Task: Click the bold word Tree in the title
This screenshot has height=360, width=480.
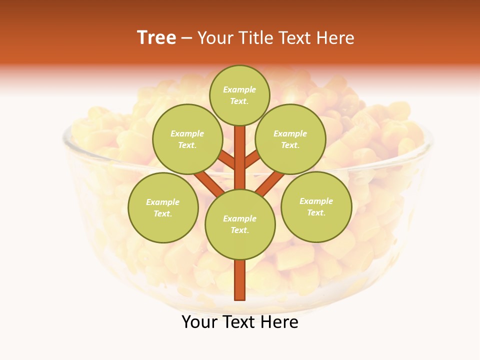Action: [156, 38]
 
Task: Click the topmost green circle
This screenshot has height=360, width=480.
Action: [239, 95]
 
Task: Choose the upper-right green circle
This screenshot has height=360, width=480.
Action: [290, 139]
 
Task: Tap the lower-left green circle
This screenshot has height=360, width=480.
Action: [163, 207]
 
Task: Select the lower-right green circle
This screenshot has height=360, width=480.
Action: [316, 206]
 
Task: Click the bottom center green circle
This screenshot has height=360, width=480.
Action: [240, 224]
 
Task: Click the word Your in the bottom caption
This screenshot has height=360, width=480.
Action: [199, 322]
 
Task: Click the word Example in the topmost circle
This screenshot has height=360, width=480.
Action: [239, 89]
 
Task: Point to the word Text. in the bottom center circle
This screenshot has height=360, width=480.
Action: [240, 230]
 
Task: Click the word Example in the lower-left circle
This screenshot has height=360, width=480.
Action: [162, 202]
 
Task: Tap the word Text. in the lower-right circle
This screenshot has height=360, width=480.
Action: [316, 213]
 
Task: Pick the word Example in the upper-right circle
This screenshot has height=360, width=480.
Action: [290, 133]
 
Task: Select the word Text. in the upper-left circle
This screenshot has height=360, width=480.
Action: [187, 145]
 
